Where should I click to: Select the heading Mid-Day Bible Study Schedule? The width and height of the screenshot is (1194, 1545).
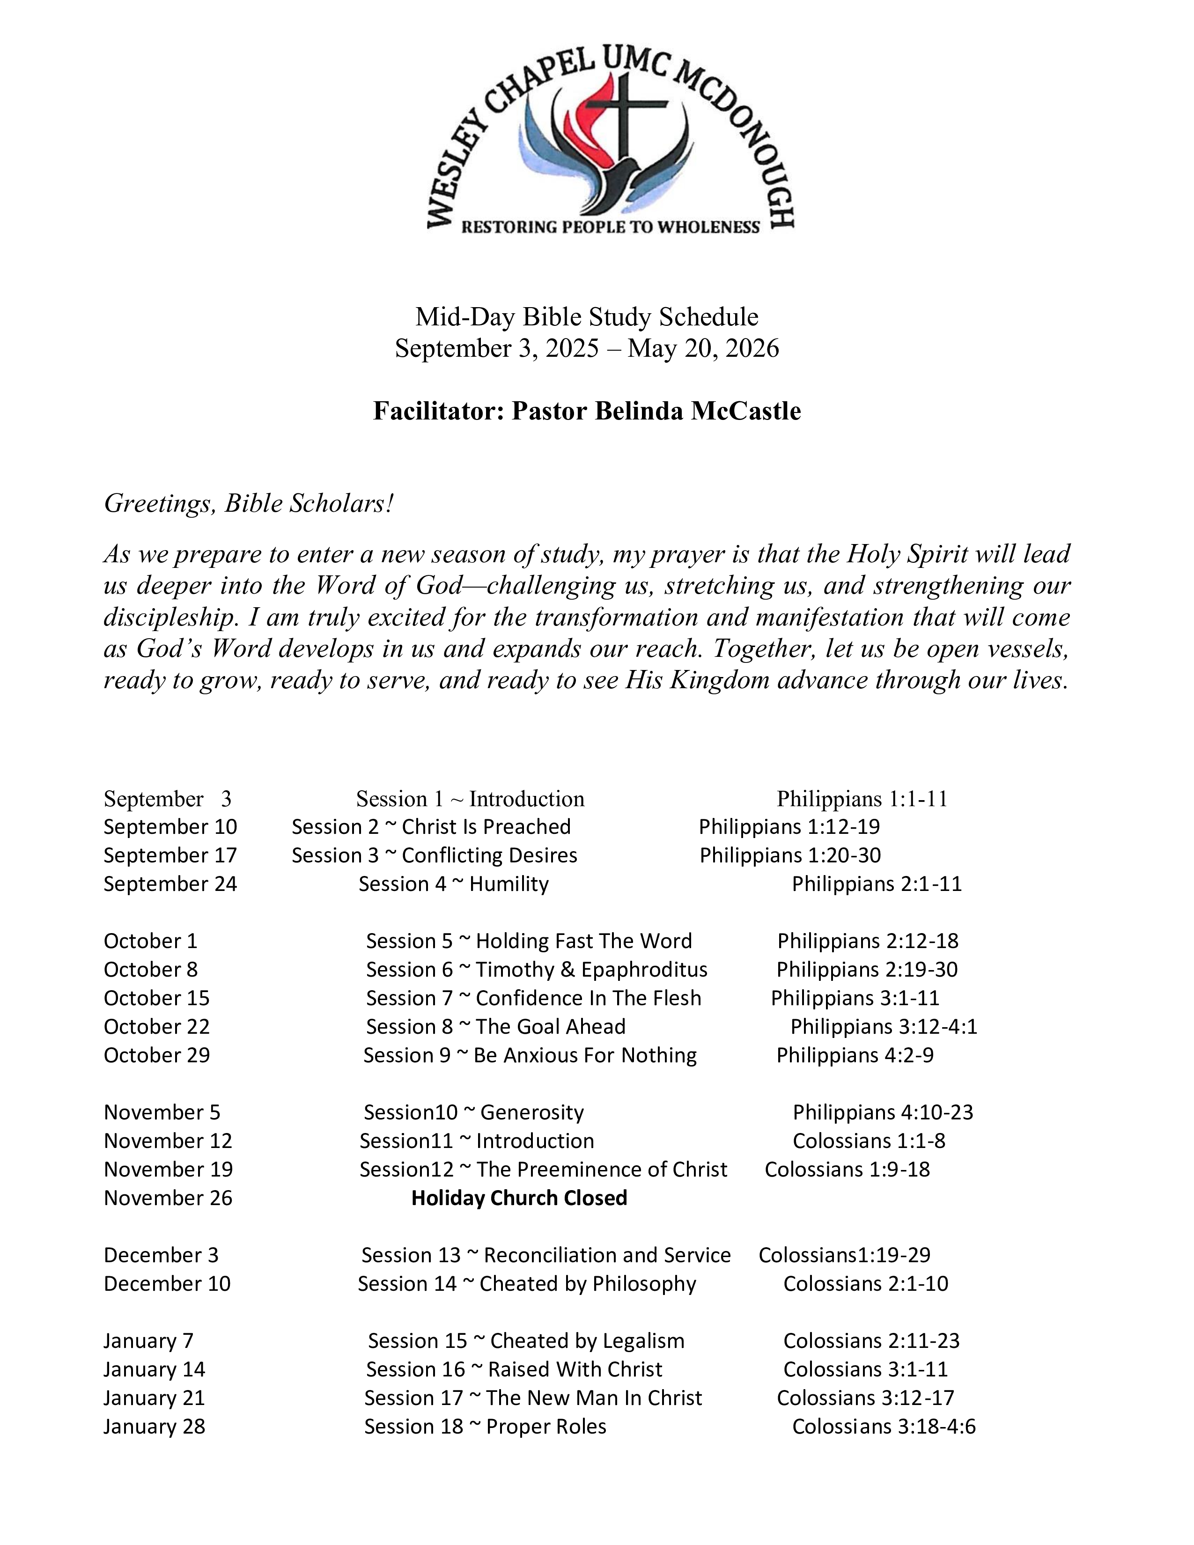(586, 317)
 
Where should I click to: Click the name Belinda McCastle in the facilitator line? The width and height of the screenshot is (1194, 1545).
(698, 411)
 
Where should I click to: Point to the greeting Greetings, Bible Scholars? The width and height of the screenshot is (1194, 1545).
(248, 504)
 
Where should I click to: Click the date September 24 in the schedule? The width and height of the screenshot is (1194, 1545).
(170, 884)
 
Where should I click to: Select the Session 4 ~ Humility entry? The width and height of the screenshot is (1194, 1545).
(453, 884)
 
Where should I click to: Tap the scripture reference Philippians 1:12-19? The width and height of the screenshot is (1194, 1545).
(789, 827)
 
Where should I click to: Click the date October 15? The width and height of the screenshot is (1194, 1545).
(156, 998)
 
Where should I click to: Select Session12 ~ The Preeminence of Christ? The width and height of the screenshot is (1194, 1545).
(543, 1170)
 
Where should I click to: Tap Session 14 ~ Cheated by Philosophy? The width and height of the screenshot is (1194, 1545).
(527, 1283)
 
